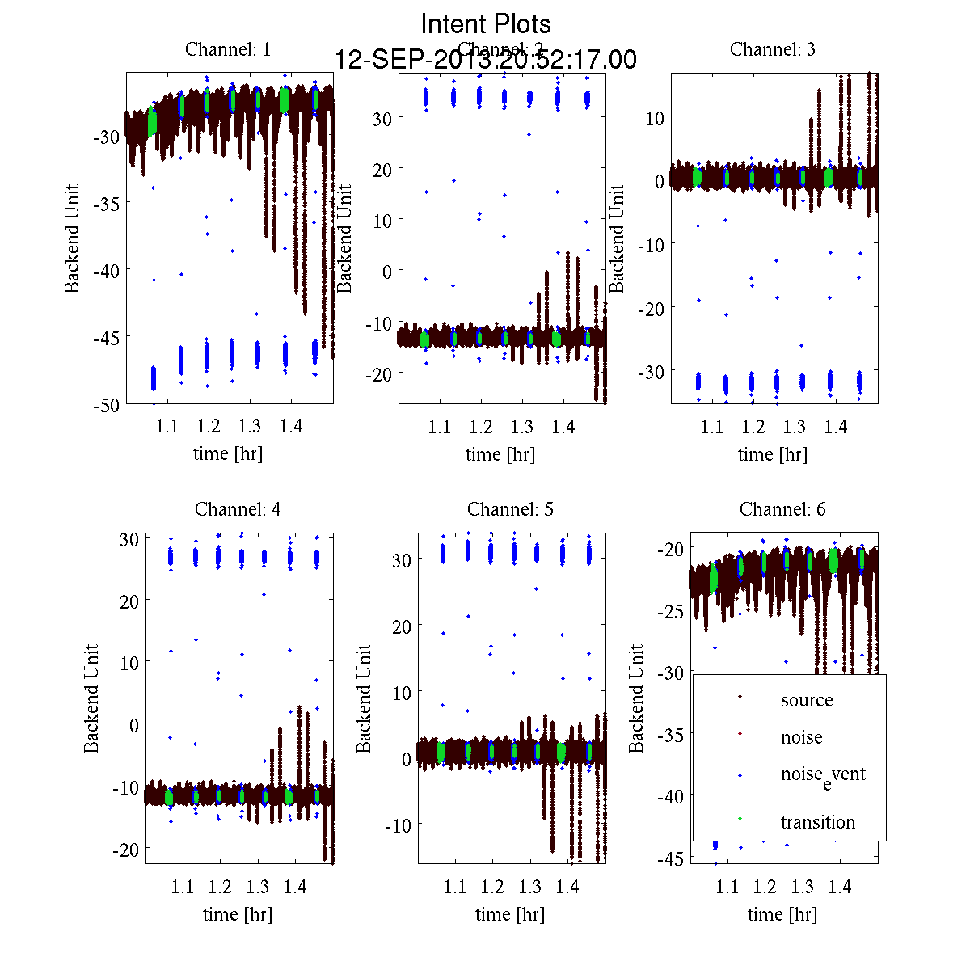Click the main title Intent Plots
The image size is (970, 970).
pyautogui.click(x=486, y=23)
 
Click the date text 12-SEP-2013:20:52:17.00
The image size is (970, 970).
pyautogui.click(x=486, y=60)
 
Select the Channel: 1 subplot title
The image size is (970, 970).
pyautogui.click(x=228, y=49)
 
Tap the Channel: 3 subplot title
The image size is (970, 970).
pyautogui.click(x=773, y=49)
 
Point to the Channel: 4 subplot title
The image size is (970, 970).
pyautogui.click(x=238, y=509)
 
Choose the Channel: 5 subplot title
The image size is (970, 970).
pyautogui.click(x=510, y=509)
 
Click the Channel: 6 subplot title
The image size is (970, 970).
pyautogui.click(x=782, y=509)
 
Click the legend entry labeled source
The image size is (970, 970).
pyautogui.click(x=806, y=700)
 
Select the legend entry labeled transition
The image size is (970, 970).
pyautogui.click(x=817, y=822)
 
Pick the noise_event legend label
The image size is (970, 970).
pyautogui.click(x=822, y=774)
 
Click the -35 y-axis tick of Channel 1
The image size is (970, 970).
pyautogui.click(x=107, y=203)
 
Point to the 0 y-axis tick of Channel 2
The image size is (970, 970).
pyautogui.click(x=386, y=272)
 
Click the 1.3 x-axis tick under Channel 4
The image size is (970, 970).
pyautogui.click(x=258, y=887)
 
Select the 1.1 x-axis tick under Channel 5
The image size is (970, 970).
pyautogui.click(x=455, y=887)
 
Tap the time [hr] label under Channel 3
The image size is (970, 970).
pyautogui.click(x=773, y=454)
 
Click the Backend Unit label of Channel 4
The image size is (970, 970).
pyautogui.click(x=91, y=698)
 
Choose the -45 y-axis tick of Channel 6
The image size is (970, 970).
pyautogui.click(x=673, y=858)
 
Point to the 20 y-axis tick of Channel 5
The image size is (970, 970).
pyautogui.click(x=402, y=626)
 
